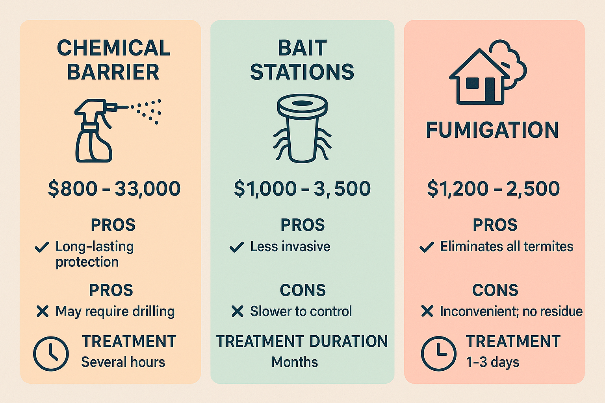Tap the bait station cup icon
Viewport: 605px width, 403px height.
302,128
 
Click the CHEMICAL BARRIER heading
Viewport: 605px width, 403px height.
113,60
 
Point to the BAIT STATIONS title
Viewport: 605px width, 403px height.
302,60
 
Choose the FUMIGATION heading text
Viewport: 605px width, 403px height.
492,130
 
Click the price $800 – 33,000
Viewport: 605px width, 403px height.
114,189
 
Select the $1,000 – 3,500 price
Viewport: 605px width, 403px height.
302,189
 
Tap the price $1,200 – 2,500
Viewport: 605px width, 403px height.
493,189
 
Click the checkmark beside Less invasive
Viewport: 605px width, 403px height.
236,247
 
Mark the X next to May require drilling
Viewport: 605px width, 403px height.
43,311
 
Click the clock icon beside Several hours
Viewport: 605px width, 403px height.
51,353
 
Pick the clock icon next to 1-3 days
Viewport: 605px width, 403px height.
438,353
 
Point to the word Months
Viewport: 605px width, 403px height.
295,362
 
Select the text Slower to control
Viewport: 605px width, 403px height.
301,311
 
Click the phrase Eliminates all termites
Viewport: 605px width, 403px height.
507,247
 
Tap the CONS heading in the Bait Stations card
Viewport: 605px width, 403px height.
302,290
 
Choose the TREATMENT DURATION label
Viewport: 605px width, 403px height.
302,342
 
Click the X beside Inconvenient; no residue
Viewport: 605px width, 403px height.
427,311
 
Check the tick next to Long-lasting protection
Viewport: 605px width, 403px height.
42,247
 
